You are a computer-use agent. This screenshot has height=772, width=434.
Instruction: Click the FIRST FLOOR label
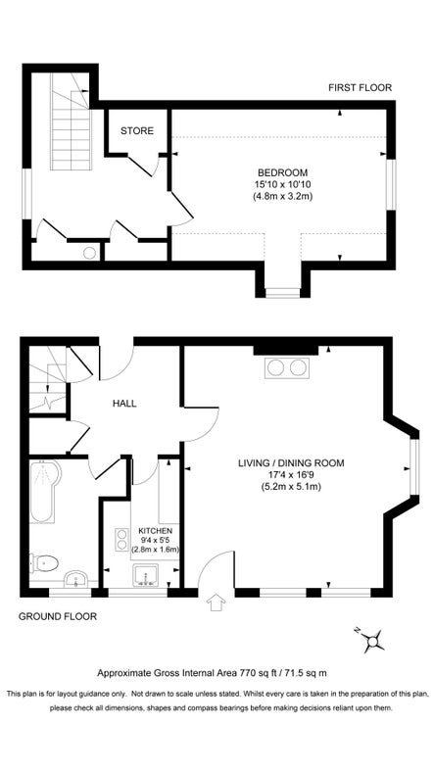point(360,88)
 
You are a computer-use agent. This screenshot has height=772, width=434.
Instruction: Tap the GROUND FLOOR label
point(58,617)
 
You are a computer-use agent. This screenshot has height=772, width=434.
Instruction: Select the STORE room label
point(137,130)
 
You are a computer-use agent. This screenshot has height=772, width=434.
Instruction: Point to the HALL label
point(125,404)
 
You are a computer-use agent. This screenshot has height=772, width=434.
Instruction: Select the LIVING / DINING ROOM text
point(292,463)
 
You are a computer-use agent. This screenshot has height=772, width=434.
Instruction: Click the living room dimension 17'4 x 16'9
point(292,476)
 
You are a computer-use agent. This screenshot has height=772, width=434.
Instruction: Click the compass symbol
point(371,641)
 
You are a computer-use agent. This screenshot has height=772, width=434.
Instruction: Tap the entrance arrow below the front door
point(215,604)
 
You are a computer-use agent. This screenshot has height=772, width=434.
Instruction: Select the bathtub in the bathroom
point(44,500)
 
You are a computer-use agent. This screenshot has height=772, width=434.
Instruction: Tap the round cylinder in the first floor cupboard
point(89,253)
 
